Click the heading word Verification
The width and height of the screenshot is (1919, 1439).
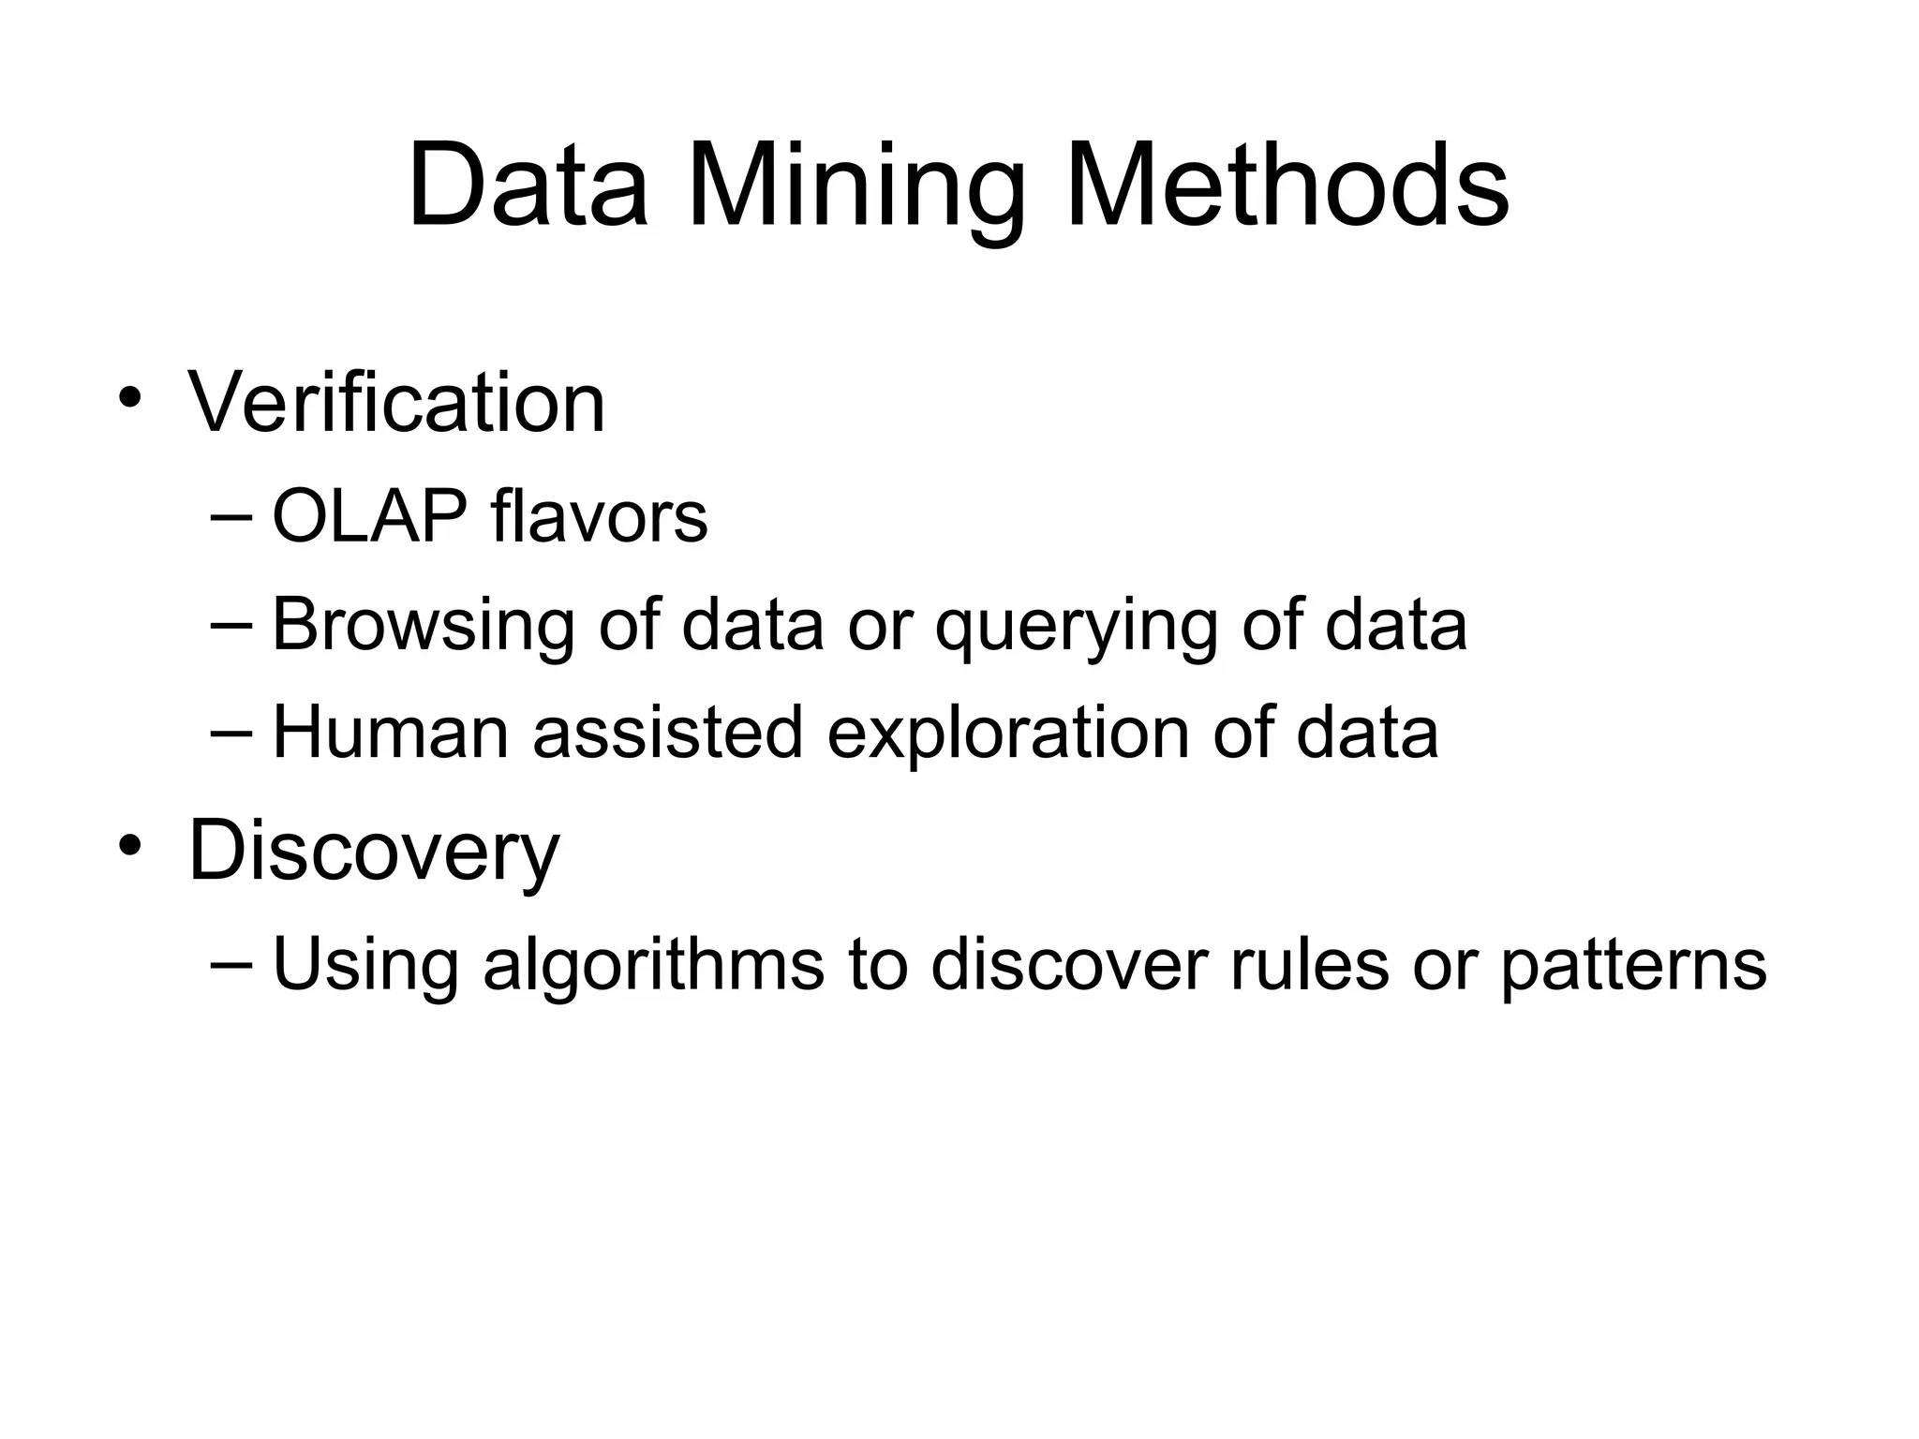pyautogui.click(x=396, y=402)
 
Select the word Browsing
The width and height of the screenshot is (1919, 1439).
pyautogui.click(x=423, y=625)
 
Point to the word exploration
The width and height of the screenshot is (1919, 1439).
pyautogui.click(x=1008, y=732)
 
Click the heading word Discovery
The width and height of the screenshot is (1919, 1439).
pyautogui.click(x=374, y=851)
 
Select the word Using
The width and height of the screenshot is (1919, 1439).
pyautogui.click(x=364, y=965)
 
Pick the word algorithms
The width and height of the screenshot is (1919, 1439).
pyautogui.click(x=653, y=965)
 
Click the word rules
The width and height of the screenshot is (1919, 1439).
pyautogui.click(x=1309, y=965)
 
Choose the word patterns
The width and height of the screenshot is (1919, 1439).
pyautogui.click(x=1633, y=965)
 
